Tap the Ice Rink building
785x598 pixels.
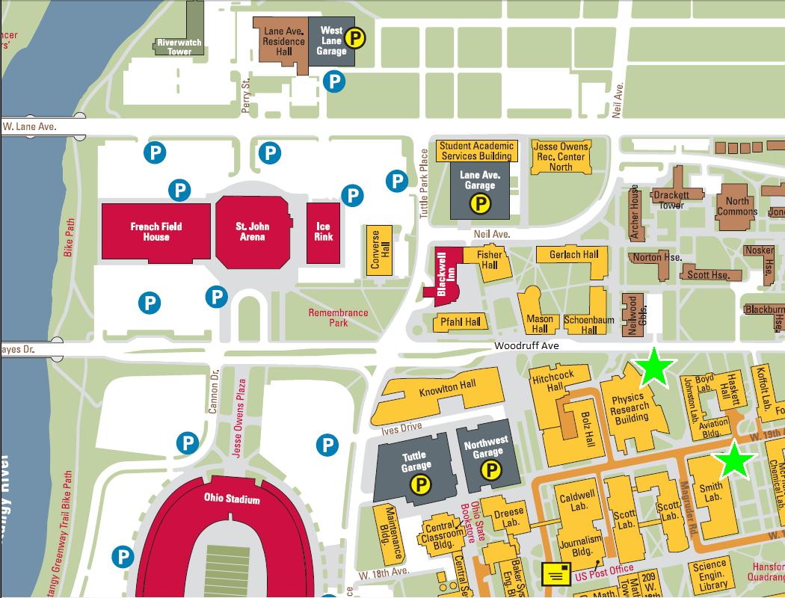coord(324,231)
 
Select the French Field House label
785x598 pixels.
coord(156,232)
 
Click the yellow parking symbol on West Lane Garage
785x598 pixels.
coord(357,38)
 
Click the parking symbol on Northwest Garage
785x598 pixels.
coord(490,470)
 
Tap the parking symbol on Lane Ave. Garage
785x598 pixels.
coord(479,202)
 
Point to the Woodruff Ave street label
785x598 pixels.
coord(526,346)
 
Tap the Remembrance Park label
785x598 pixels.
coord(338,318)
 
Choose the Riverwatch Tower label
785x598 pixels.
coord(179,47)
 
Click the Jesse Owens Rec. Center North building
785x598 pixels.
coord(561,156)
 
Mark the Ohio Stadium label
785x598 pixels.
coord(232,499)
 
